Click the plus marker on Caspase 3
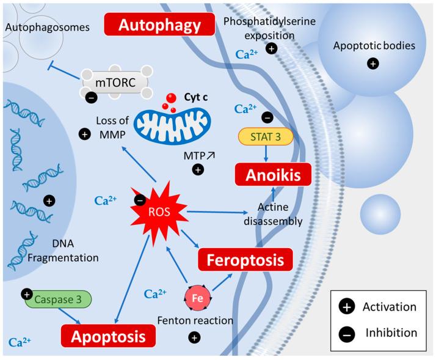[x=27, y=294]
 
